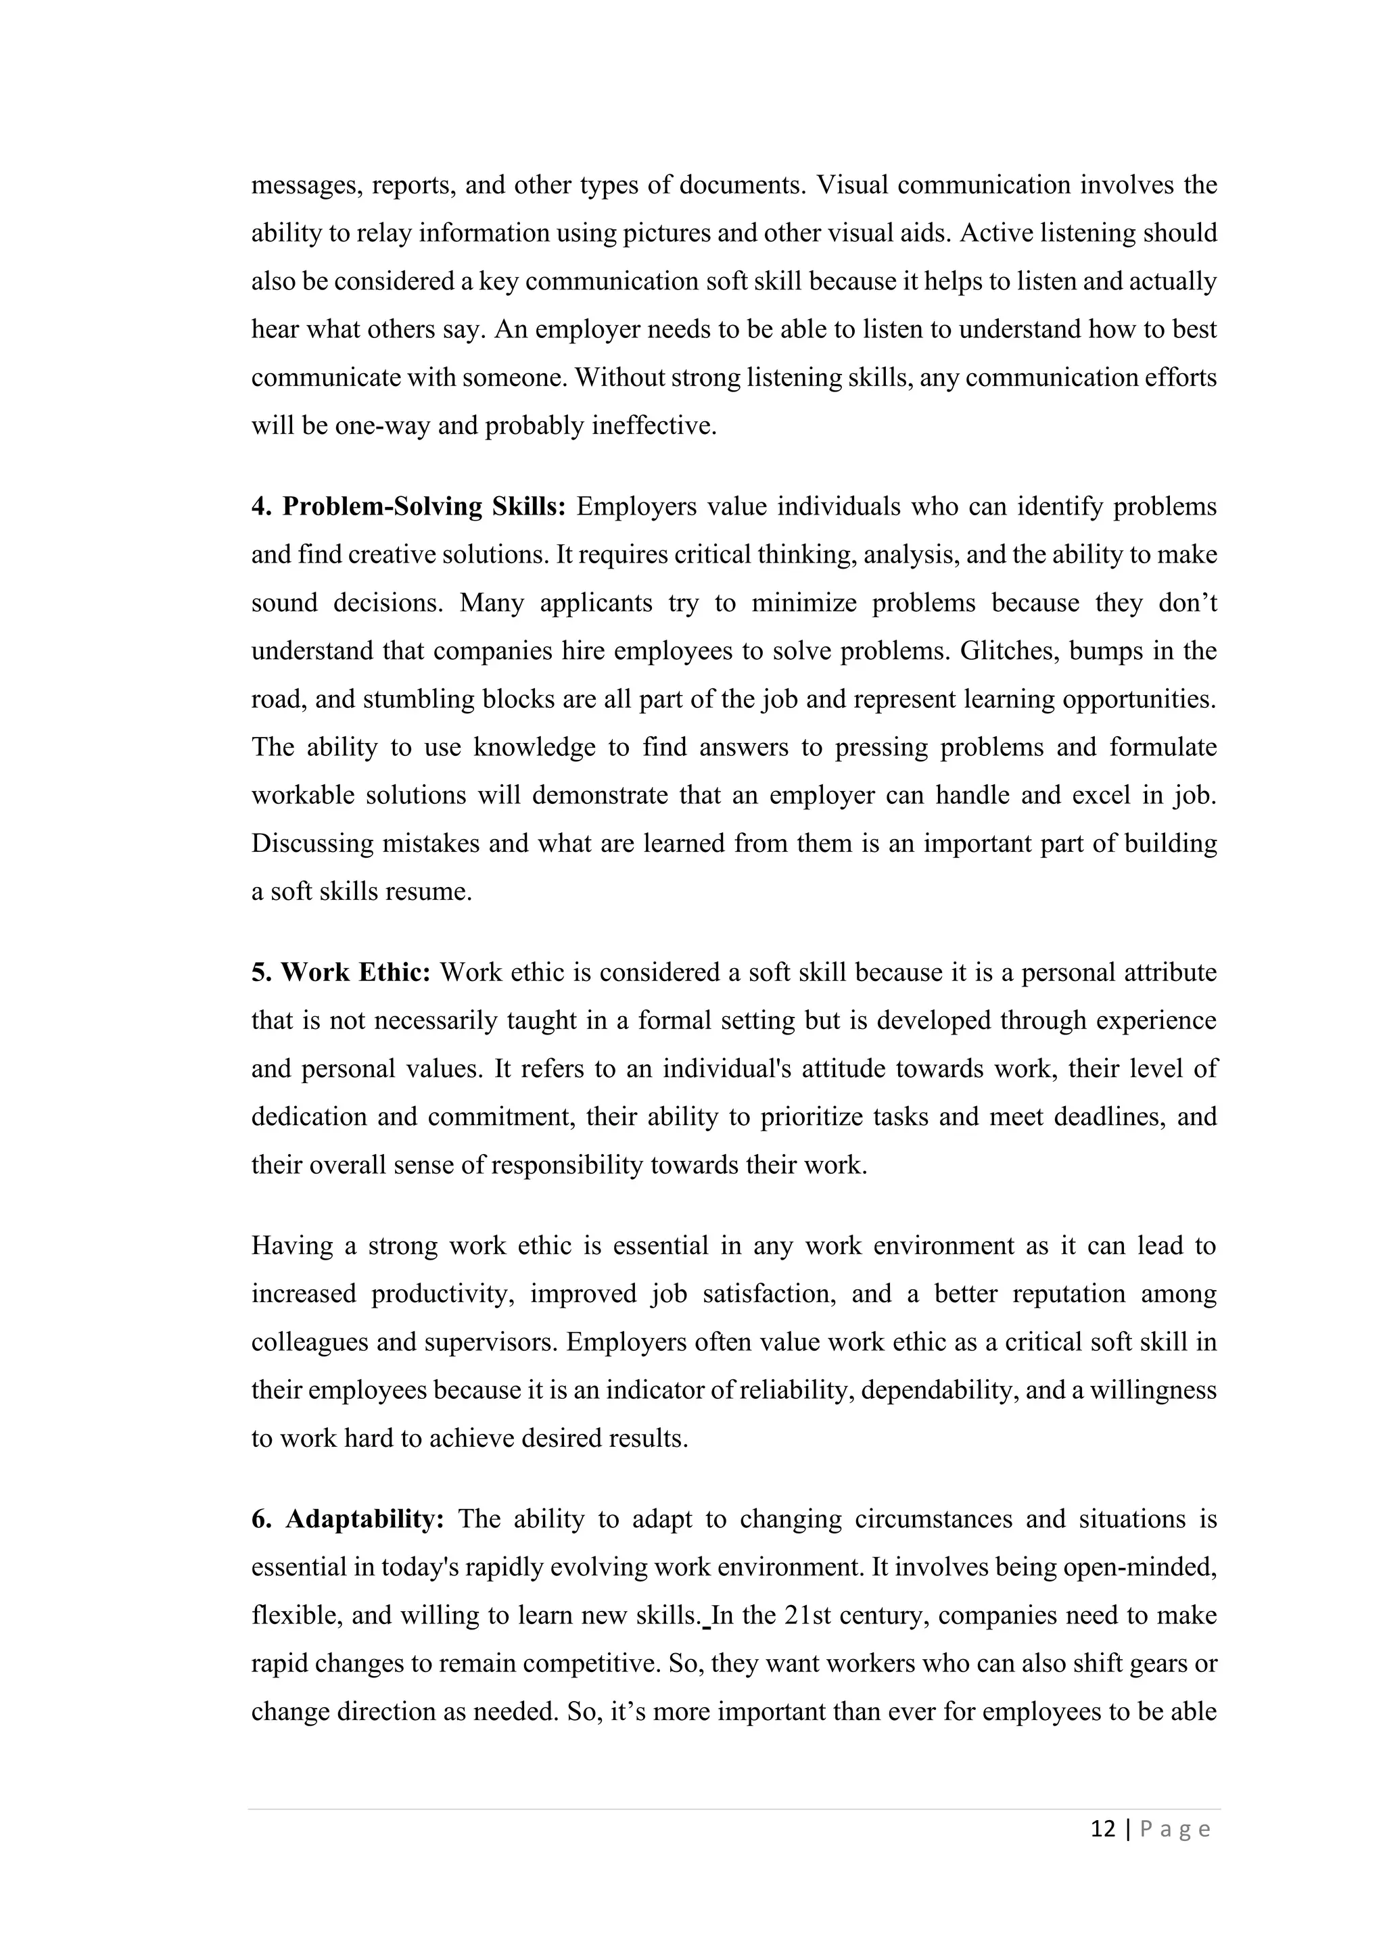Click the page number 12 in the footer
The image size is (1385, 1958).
point(1103,1830)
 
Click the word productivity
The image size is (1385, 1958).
point(443,1295)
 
